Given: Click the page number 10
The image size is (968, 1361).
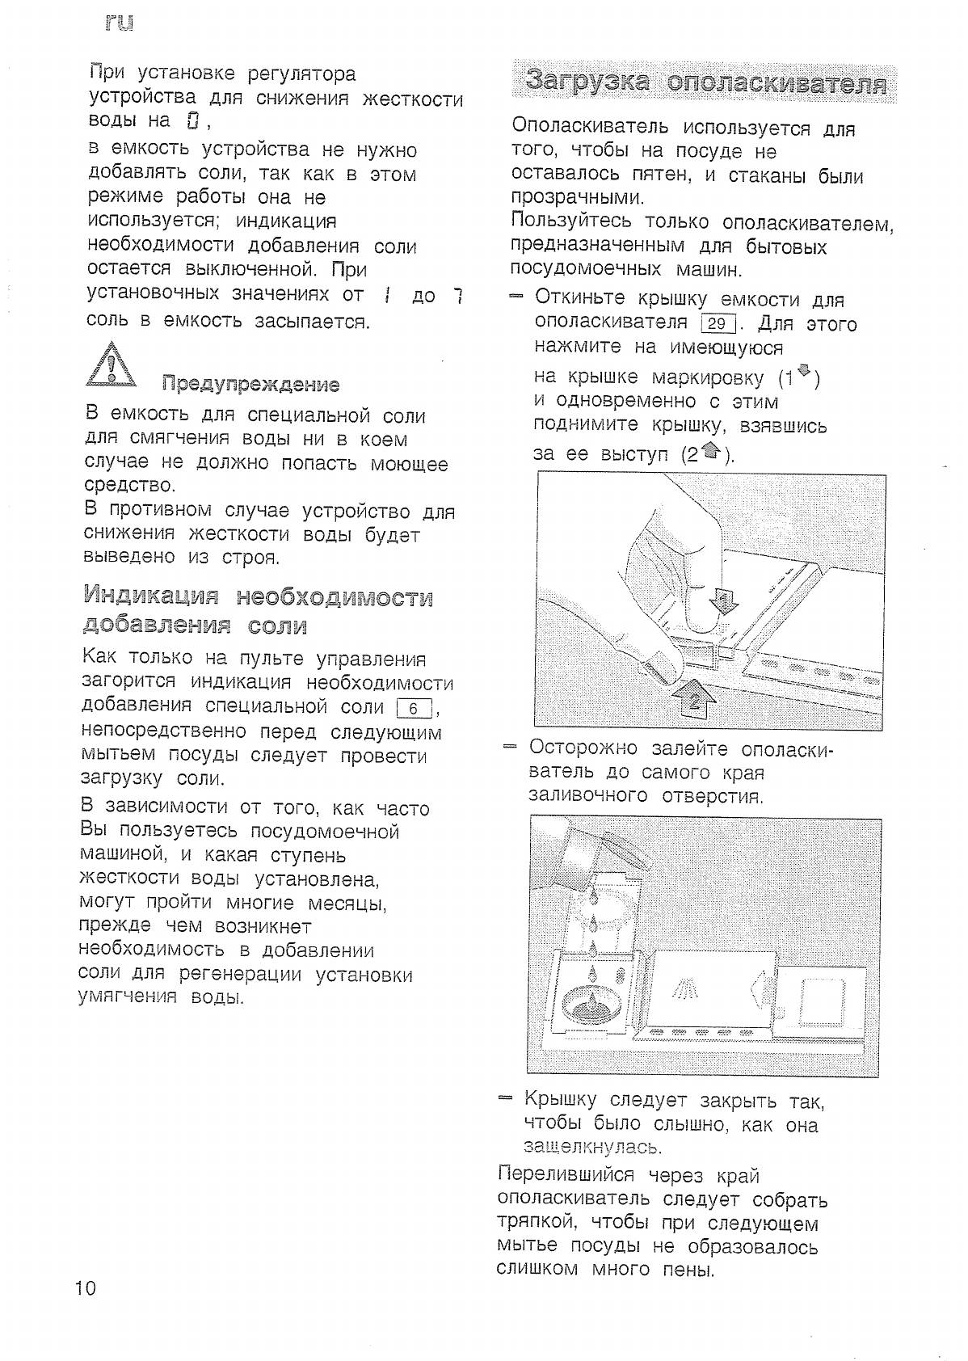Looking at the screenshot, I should click(86, 1287).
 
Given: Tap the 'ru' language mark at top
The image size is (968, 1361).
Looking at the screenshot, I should click(119, 23).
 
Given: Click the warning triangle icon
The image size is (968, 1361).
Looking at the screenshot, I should click(112, 364).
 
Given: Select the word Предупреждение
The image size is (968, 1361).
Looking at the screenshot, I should click(250, 384).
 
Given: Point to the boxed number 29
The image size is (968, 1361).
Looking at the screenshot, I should click(718, 324).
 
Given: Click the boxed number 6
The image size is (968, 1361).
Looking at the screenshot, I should click(415, 709).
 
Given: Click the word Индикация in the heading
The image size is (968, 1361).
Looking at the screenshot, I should click(151, 597).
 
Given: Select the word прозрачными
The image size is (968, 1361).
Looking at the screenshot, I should click(577, 198).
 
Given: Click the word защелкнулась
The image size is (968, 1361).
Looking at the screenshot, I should click(593, 1147).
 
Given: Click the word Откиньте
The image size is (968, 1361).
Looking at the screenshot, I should click(582, 299).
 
